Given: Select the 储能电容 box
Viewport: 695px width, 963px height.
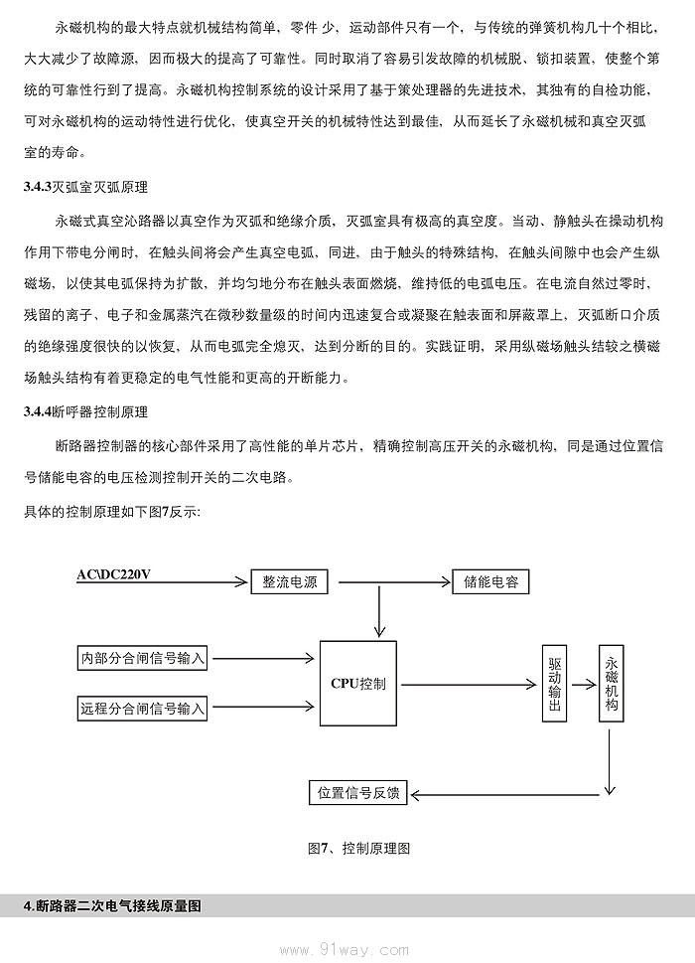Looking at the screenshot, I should click(490, 582).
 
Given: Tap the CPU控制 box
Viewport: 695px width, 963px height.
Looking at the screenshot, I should click(358, 684).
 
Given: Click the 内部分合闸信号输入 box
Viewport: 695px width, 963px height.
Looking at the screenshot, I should click(142, 658).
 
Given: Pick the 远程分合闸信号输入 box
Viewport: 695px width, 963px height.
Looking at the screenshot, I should click(142, 709).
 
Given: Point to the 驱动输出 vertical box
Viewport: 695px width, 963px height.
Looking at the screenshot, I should click(555, 684).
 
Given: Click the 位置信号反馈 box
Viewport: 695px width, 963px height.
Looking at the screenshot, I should click(358, 793).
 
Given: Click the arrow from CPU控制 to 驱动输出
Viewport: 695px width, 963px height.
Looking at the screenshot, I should click(467, 684).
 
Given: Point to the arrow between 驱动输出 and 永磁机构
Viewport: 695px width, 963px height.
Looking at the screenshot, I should click(584, 684).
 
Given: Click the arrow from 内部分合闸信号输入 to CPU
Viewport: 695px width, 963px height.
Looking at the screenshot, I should click(263, 658).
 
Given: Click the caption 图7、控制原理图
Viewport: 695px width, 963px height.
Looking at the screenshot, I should click(358, 848).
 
